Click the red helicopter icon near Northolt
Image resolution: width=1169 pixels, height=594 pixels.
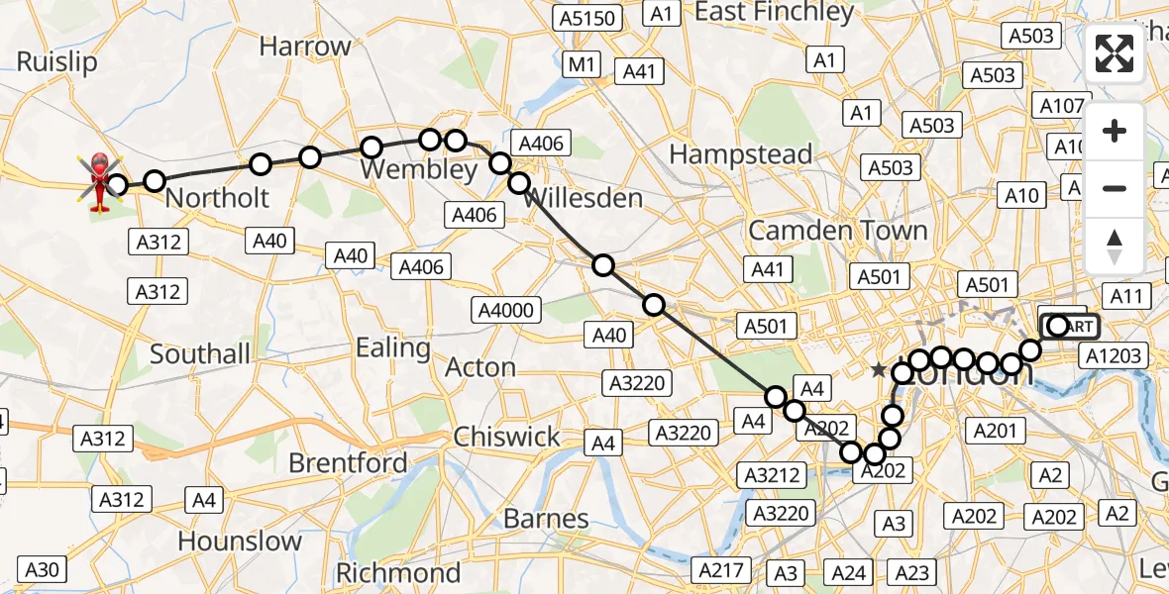click(x=100, y=182)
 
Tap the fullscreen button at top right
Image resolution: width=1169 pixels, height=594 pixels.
click(x=1115, y=53)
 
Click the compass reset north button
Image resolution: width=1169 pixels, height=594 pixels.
click(x=1115, y=246)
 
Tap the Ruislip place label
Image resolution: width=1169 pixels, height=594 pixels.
click(x=56, y=62)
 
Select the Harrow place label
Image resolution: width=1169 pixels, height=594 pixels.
click(x=305, y=47)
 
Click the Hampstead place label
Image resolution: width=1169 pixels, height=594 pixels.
click(x=740, y=154)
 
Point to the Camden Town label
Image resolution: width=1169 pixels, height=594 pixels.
click(x=838, y=231)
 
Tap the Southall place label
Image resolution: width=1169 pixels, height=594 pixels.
click(x=201, y=353)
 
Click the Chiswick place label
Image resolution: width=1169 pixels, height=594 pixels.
click(x=506, y=437)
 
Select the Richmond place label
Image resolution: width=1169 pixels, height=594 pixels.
click(x=398, y=572)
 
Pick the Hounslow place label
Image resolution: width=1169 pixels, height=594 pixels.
click(x=241, y=541)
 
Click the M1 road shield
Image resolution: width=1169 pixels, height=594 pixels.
click(x=581, y=65)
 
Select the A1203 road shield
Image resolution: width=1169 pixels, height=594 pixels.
click(x=1116, y=356)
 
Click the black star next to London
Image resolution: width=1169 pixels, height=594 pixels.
click(x=878, y=370)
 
